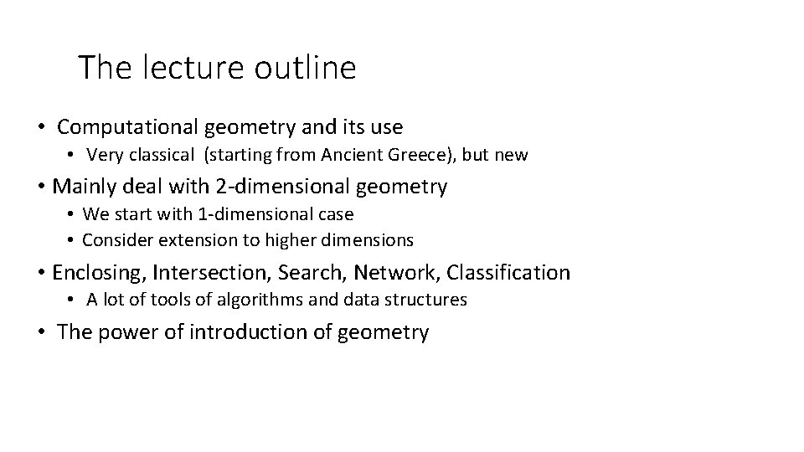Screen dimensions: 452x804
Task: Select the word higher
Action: pos(290,241)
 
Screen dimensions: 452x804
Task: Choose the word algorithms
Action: pos(255,300)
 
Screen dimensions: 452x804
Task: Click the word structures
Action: pos(430,300)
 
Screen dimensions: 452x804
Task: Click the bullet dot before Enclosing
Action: pos(40,274)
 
